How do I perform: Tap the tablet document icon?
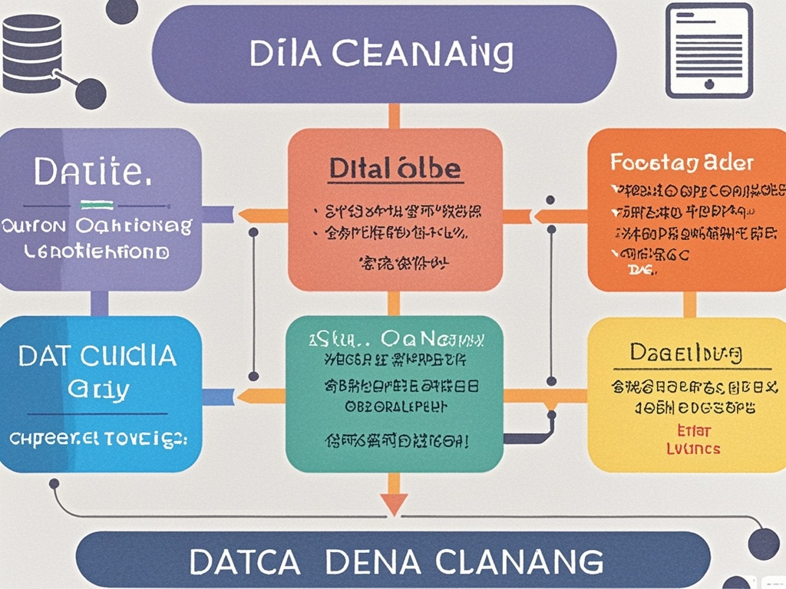click(x=708, y=51)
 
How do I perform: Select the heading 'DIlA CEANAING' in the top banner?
click(x=381, y=54)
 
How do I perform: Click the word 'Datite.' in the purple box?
click(x=90, y=172)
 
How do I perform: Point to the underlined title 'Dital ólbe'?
click(x=395, y=169)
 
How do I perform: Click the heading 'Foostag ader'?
click(x=682, y=163)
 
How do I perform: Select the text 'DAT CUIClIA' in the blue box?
click(x=97, y=356)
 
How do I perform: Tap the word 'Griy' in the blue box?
click(x=97, y=389)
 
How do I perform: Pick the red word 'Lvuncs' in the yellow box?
click(x=688, y=447)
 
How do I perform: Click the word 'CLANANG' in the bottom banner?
click(x=520, y=561)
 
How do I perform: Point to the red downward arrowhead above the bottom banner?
click(x=394, y=503)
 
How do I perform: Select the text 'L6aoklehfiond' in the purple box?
click(x=98, y=251)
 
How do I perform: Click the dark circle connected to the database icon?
click(x=91, y=94)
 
